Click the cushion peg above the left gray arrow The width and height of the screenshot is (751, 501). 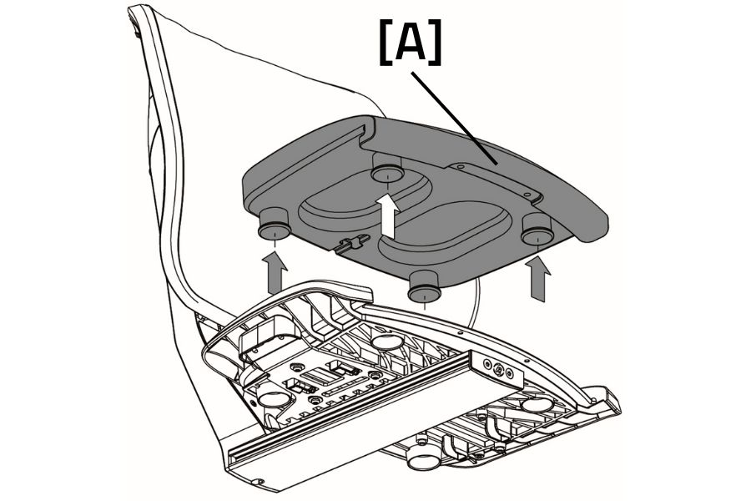273,225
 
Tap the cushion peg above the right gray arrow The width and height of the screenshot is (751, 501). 537,230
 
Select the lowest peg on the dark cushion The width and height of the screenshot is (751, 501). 425,289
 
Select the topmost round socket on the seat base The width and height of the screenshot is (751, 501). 385,342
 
